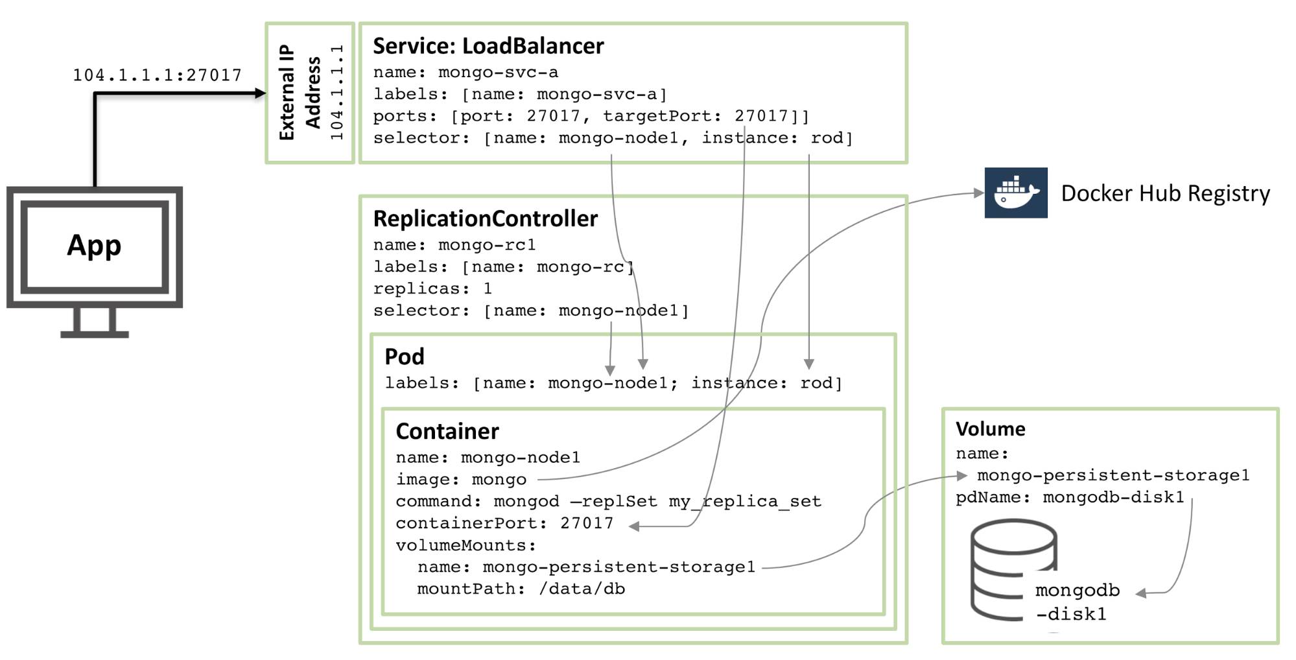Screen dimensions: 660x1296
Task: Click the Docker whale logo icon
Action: point(1015,193)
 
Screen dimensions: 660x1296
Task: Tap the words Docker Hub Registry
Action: point(1165,193)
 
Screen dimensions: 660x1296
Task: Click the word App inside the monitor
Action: point(94,245)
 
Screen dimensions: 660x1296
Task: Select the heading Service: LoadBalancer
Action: point(488,46)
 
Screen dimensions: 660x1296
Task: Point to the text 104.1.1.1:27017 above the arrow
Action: point(157,75)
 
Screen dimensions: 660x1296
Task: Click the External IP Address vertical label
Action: point(300,93)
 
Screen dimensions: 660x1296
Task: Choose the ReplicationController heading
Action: point(485,218)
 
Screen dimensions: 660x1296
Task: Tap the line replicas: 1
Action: point(432,289)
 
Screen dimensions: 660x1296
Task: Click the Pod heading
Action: point(405,357)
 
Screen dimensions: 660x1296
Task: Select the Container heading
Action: point(447,431)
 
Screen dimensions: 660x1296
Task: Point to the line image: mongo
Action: point(461,480)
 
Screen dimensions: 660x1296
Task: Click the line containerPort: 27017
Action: point(504,523)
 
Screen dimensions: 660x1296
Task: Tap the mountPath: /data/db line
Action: point(521,589)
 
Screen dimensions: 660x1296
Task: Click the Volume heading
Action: point(990,429)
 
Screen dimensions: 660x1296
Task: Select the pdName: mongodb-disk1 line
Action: point(1070,497)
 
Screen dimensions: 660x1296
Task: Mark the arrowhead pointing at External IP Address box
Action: point(261,93)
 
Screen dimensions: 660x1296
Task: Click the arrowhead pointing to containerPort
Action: point(635,526)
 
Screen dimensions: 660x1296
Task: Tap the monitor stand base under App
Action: point(95,334)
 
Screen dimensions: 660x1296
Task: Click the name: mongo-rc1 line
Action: point(454,245)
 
